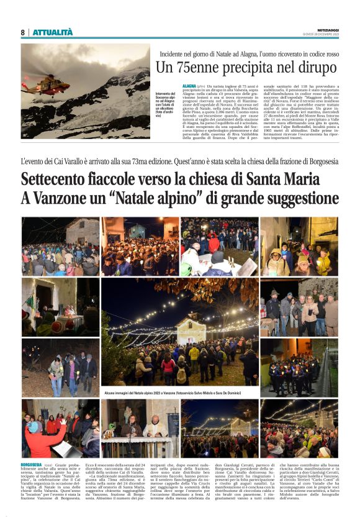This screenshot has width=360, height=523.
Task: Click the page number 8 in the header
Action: point(23,33)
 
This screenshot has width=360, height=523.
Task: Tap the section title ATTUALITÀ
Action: point(52,33)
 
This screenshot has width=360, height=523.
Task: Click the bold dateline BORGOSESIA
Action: point(31,464)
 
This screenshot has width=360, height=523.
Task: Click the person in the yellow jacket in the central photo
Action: point(194,355)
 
